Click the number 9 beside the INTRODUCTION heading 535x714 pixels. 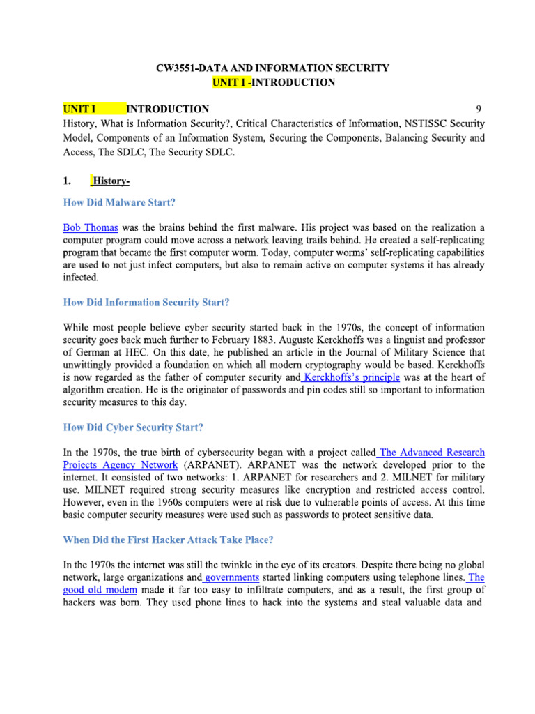pos(478,109)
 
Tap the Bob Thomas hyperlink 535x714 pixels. pos(91,227)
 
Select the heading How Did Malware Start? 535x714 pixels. pos(119,203)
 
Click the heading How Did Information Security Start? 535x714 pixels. pos(146,303)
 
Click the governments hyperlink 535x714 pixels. pos(231,578)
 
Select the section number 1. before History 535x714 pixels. pos(67,182)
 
